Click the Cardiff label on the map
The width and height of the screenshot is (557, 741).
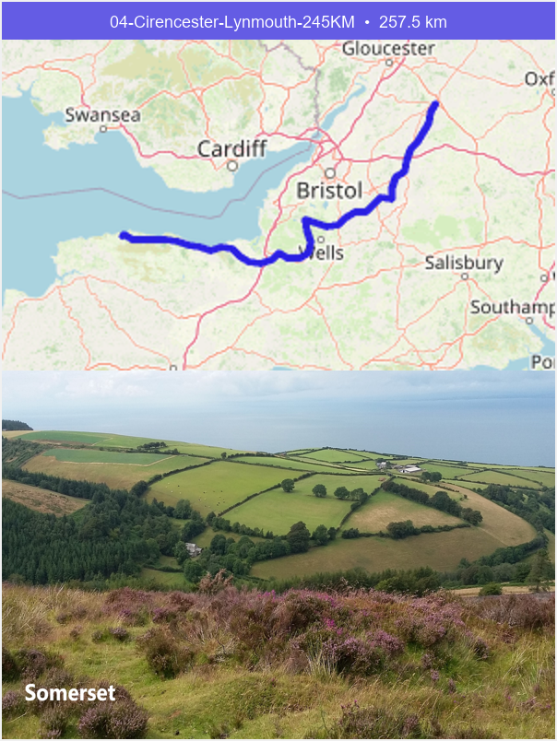click(231, 148)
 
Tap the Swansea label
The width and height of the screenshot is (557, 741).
click(102, 115)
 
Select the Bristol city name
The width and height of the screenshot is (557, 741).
click(329, 191)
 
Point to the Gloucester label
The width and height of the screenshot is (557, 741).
click(387, 48)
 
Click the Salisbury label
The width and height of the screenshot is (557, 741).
click(464, 263)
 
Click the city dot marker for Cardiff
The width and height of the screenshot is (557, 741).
click(233, 166)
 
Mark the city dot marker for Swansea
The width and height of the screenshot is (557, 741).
click(103, 129)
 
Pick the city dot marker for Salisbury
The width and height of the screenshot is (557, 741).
click(465, 276)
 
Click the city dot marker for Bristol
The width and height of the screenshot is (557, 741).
click(328, 172)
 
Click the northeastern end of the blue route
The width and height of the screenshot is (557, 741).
click(434, 103)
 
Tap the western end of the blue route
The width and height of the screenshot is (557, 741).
click(123, 236)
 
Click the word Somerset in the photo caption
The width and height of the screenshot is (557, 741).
click(70, 693)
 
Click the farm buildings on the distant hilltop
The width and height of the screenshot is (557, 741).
click(407, 469)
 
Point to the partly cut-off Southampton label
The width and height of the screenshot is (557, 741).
click(512, 308)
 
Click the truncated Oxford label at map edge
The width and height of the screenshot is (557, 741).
click(539, 79)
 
